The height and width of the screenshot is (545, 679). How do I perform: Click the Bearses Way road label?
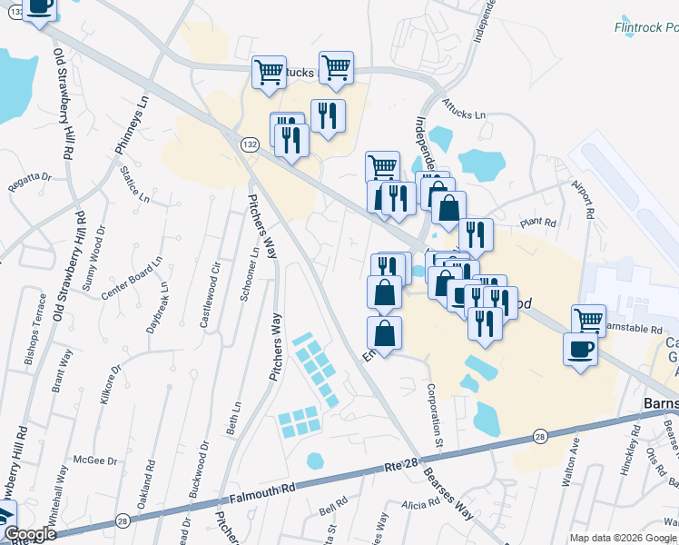pyautogui.click(x=450, y=495)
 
